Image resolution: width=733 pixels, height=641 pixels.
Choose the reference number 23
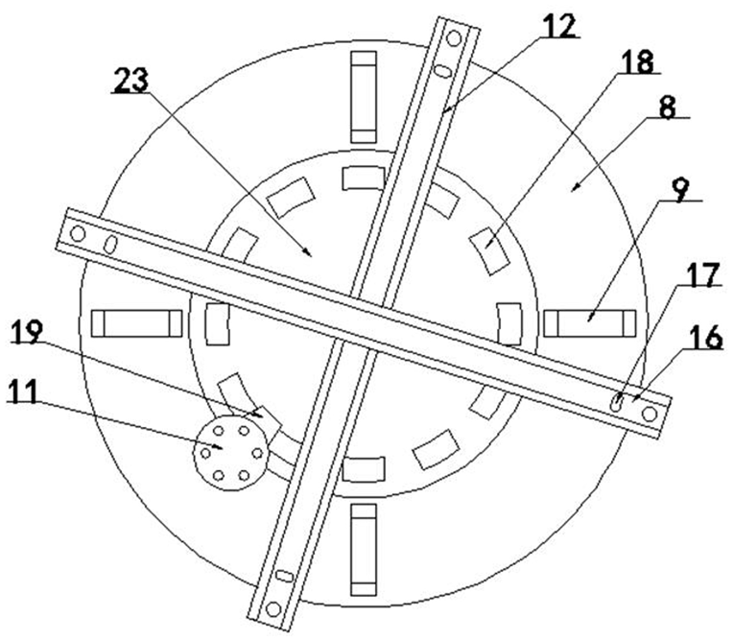pyautogui.click(x=131, y=82)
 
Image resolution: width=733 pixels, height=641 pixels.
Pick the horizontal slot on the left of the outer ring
pyautogui.click(x=136, y=323)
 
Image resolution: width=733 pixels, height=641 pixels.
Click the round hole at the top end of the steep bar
pyautogui.click(x=458, y=36)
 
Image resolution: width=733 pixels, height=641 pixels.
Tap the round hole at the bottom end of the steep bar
pyautogui.click(x=273, y=607)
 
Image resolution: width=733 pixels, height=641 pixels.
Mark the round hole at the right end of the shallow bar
pyautogui.click(x=650, y=414)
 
